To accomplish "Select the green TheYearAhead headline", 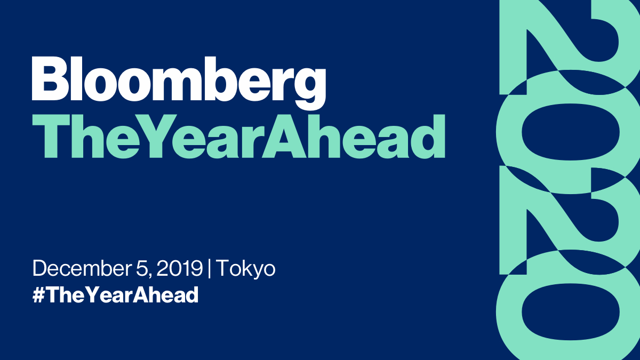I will (238, 132).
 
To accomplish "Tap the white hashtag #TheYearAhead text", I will (115, 295).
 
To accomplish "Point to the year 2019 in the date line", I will (180, 269).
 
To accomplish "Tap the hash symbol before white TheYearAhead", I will (38, 295).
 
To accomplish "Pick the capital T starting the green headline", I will (51, 132).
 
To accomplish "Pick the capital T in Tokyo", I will (222, 269).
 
